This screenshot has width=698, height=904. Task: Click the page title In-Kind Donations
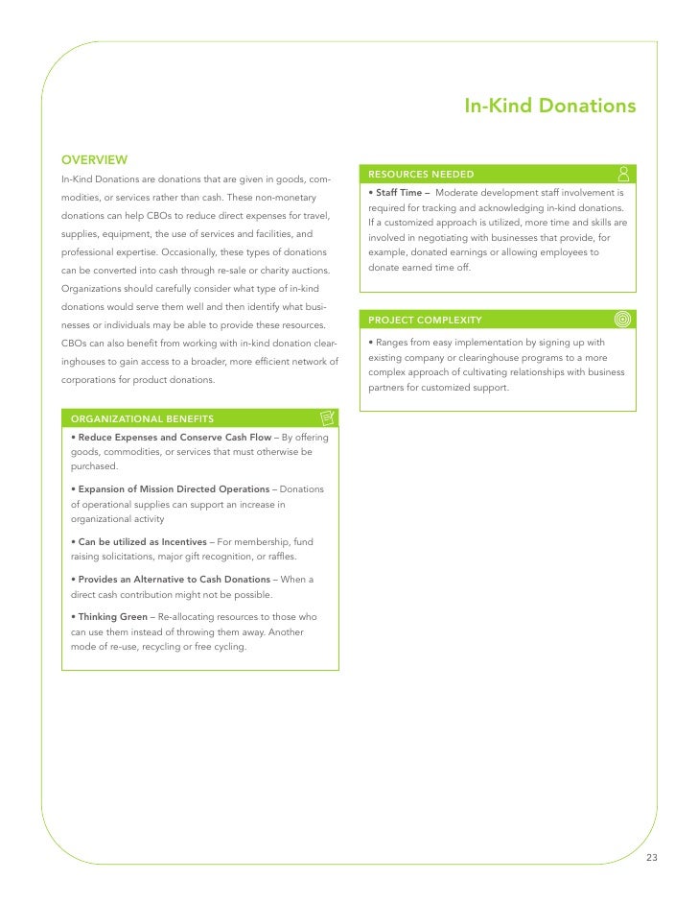[549, 104]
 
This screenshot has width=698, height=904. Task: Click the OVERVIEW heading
[95, 159]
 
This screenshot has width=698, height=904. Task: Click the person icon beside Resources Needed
[623, 174]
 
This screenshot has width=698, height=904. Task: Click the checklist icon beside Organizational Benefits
[327, 417]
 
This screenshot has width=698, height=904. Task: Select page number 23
[652, 857]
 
